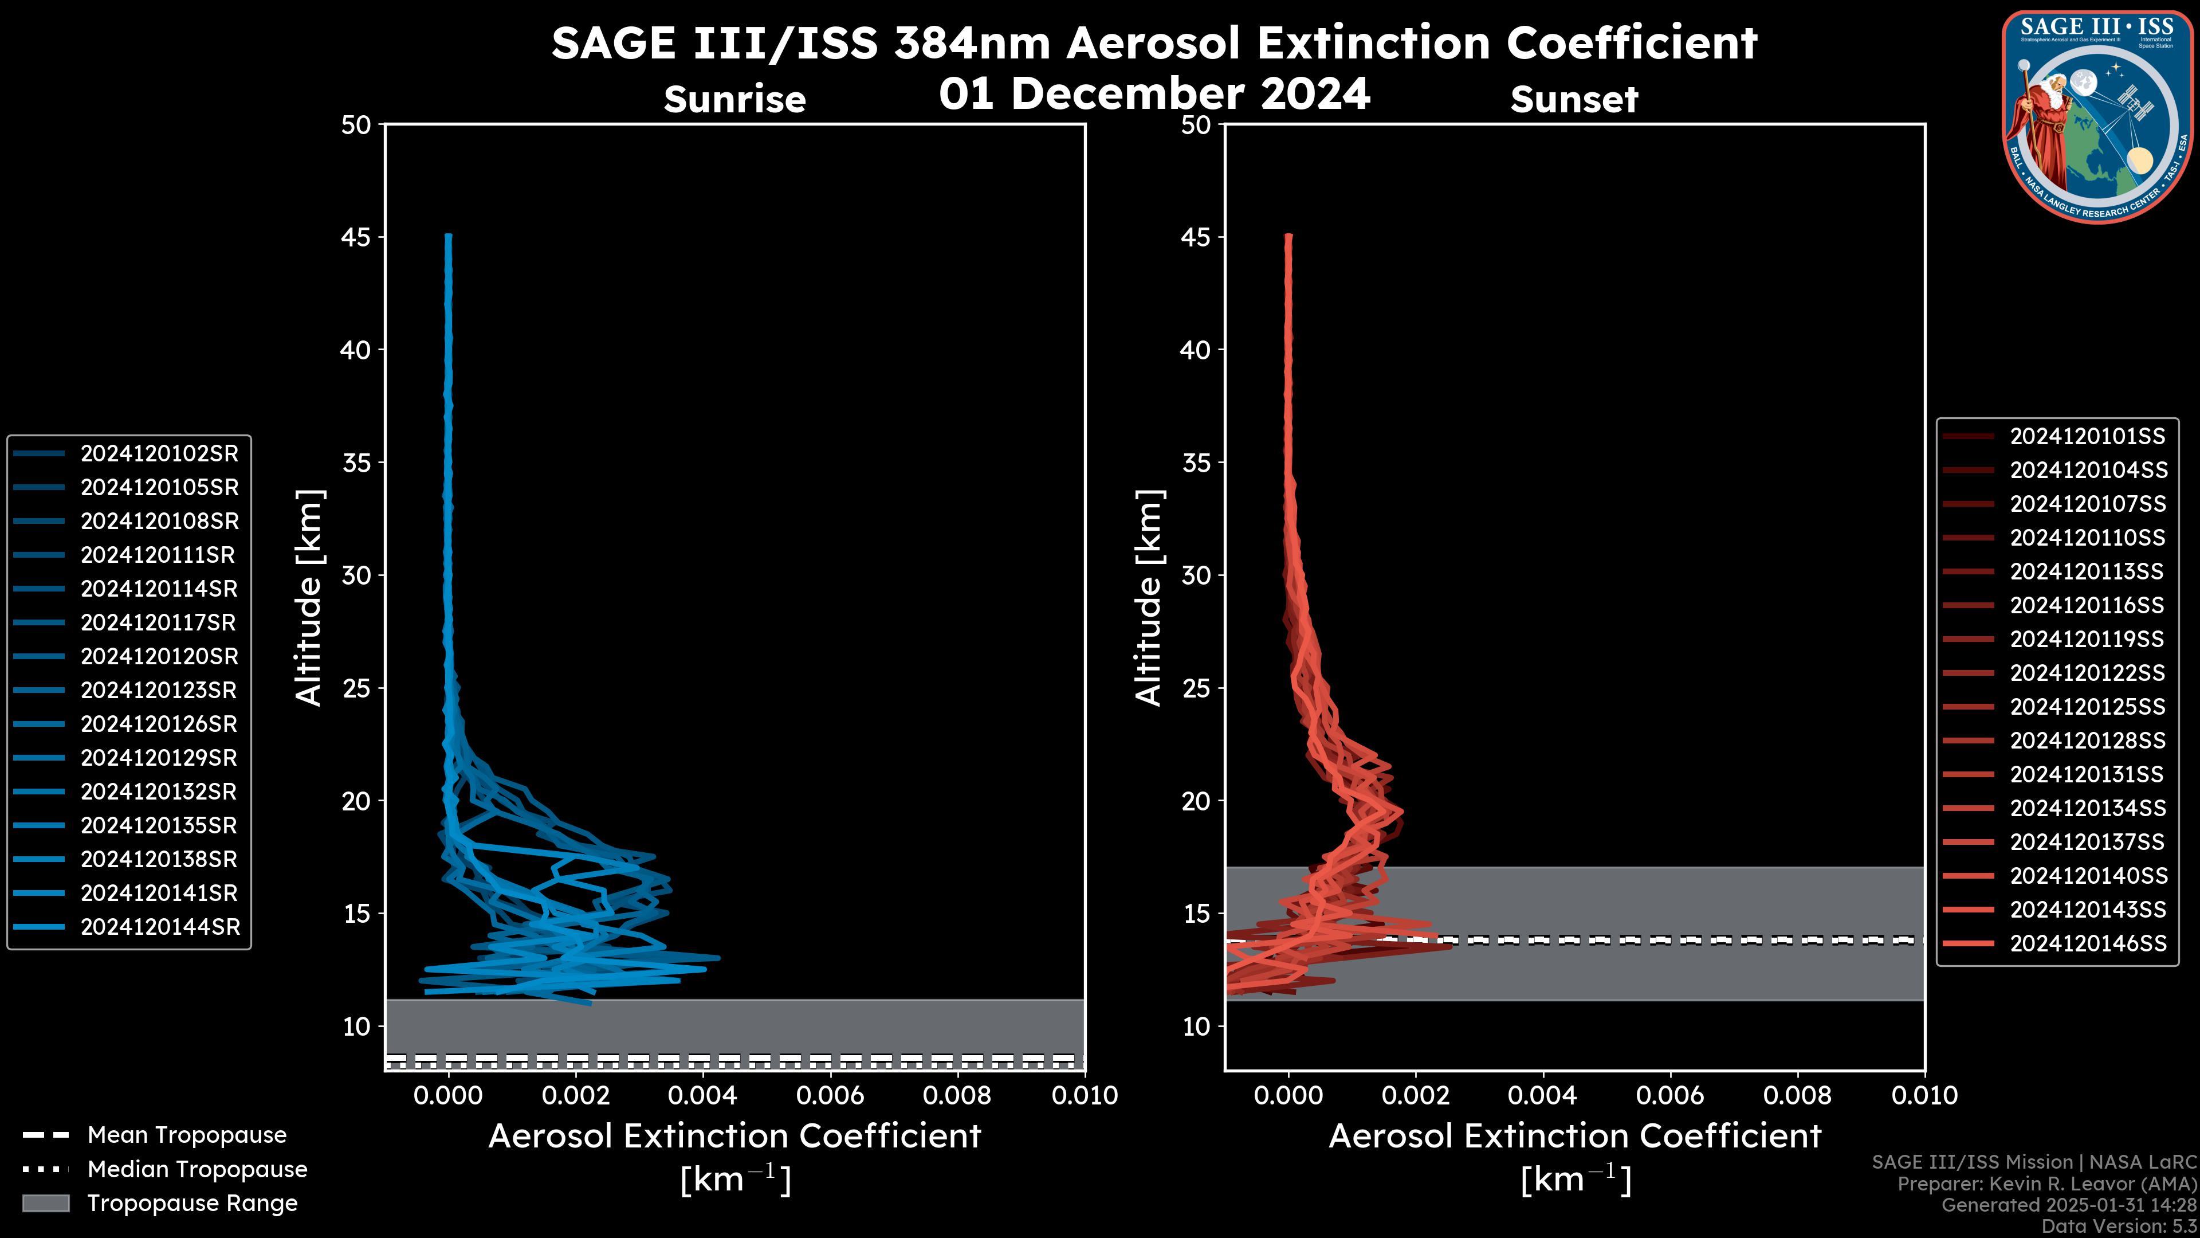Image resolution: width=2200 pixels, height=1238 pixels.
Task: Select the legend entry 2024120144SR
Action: [160, 927]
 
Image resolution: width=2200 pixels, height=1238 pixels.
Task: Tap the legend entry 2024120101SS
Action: [2087, 437]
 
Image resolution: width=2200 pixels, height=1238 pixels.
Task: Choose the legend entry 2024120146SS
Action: [2087, 943]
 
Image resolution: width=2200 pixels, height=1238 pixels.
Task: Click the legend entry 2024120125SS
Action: [2087, 707]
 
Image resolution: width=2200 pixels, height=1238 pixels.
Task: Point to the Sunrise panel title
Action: [734, 99]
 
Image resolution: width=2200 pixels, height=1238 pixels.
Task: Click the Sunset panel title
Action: [1574, 99]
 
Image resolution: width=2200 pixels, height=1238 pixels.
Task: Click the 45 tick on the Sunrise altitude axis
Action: [356, 237]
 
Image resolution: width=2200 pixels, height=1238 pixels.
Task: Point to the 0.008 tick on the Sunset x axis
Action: [1798, 1095]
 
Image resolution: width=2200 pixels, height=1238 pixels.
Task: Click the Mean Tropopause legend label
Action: [186, 1135]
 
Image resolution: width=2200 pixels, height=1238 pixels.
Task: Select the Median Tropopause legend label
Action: [197, 1170]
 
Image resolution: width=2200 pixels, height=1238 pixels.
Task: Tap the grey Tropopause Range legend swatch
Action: [46, 1203]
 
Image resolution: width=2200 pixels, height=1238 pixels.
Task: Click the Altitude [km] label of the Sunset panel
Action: [1149, 597]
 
